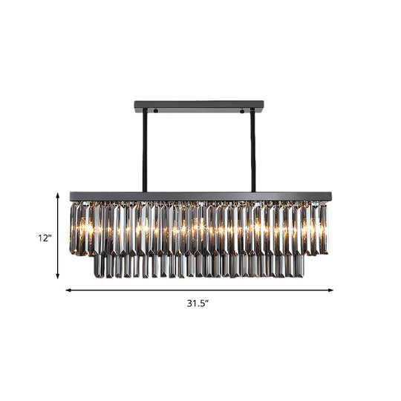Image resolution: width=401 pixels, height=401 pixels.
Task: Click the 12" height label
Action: click(46, 238)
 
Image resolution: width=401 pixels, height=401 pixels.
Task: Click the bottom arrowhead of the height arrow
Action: click(59, 277)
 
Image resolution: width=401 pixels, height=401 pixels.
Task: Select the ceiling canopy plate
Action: click(199, 105)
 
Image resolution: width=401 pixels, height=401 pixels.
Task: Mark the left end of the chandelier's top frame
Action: click(72, 197)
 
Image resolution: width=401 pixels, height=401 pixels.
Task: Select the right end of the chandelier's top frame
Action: click(329, 197)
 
